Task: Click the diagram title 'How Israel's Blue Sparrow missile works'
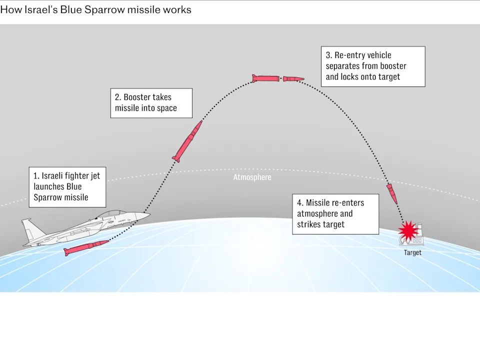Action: (95, 9)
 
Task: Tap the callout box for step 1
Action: (67, 187)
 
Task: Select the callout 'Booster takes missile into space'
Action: (151, 103)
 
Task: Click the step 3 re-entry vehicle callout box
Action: (372, 66)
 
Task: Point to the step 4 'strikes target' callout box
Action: (334, 213)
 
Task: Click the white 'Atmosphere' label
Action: (252, 177)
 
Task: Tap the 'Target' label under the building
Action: (412, 252)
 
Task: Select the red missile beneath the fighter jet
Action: (86, 247)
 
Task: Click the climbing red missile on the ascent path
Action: (187, 141)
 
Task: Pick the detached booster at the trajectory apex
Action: (265, 78)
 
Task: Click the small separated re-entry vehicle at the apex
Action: (293, 78)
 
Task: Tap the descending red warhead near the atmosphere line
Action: (392, 193)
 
